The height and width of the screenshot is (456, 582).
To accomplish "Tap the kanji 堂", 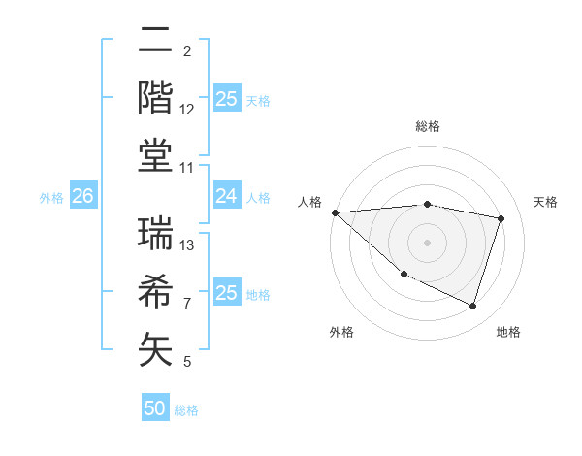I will [155, 155].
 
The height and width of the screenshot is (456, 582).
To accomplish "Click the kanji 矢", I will [155, 349].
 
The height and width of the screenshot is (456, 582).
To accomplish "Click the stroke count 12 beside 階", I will [187, 110].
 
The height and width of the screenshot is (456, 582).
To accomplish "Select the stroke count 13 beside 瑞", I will [187, 244].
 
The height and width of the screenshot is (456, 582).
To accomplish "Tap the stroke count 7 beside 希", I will [187, 304].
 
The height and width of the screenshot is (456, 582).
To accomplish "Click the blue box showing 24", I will [226, 197].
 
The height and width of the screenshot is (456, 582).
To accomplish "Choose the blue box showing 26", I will [82, 197].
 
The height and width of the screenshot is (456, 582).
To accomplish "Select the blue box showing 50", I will [155, 408].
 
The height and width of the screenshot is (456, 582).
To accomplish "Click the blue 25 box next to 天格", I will [226, 98].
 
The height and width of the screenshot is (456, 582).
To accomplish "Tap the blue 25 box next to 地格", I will [226, 293].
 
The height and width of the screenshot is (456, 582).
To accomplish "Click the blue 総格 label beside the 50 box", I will [186, 410].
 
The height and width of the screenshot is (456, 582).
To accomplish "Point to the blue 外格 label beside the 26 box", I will [51, 198].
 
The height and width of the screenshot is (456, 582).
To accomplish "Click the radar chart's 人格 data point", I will [335, 212].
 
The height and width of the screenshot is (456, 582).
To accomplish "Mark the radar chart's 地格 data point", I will [472, 307].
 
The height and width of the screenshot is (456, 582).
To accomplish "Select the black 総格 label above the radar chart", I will [428, 126].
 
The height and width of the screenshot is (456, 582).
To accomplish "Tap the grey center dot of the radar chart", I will [428, 242].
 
